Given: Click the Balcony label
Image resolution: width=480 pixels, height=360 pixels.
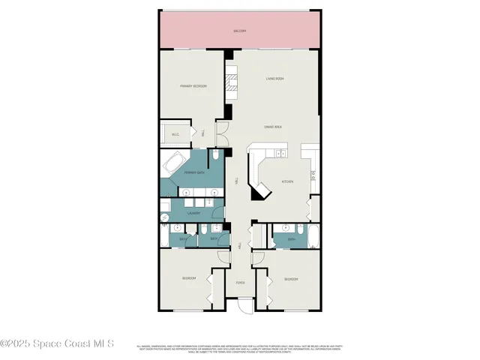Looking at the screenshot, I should click(240, 31).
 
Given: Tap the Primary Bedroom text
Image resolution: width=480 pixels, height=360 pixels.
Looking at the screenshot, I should click(193, 86).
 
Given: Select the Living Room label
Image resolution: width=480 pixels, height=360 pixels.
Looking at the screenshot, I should click(274, 79).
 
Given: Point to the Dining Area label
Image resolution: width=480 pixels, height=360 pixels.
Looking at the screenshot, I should click(272, 127).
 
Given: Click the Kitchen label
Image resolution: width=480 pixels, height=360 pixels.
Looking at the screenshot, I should click(287, 181).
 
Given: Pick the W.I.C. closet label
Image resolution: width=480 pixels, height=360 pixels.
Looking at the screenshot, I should click(175, 135).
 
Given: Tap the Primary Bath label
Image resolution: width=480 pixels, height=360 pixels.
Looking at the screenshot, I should click(195, 172).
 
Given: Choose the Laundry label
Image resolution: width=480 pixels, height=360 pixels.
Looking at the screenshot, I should click(193, 213).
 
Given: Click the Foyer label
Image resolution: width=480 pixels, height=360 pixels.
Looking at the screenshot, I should click(240, 283).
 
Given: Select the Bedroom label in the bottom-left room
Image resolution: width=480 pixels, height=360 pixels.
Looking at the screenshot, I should click(189, 278).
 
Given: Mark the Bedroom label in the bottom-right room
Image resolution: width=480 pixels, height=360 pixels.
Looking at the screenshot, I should click(291, 278).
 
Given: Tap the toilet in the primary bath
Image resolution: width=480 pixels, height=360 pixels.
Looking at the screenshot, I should click(214, 156).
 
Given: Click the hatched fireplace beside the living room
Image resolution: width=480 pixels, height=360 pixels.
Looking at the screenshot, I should click(232, 83).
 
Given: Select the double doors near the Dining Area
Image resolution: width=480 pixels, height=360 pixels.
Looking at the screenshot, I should click(221, 135).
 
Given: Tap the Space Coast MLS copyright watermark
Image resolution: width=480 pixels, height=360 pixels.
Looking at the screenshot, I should click(57, 343).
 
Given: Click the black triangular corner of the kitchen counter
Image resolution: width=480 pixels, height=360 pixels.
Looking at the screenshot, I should click(258, 193).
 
